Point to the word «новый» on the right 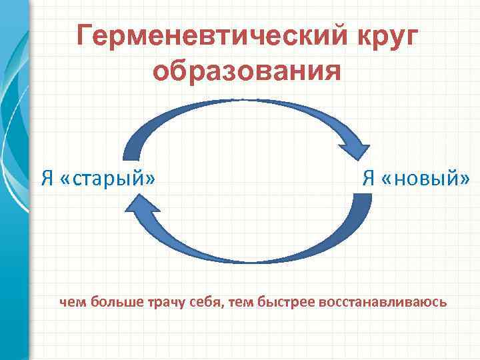click(x=426, y=178)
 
